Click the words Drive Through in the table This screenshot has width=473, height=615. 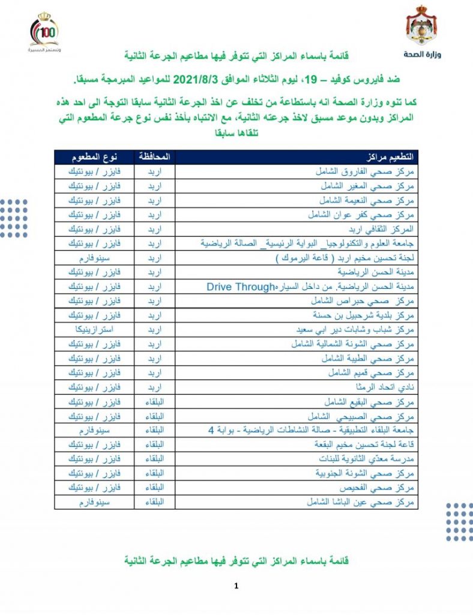(241, 286)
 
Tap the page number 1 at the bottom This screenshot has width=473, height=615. (237, 586)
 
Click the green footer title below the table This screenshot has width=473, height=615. (236, 560)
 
